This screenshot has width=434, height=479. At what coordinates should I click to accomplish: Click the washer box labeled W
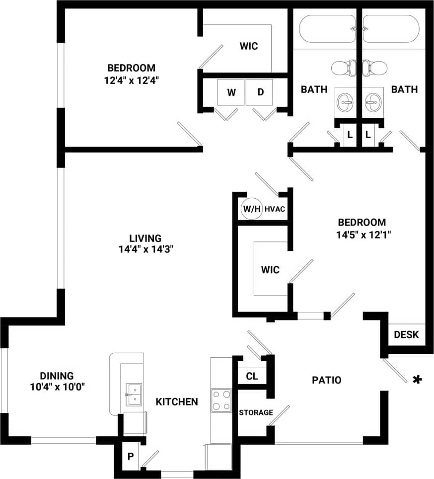pos(231,92)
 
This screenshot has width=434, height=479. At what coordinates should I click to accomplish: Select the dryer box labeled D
pos(260,92)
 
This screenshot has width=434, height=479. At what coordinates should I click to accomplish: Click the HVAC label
pos(275,209)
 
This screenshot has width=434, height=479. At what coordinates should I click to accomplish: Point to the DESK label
pos(406,334)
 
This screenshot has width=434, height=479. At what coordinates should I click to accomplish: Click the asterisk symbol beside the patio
pos(418,380)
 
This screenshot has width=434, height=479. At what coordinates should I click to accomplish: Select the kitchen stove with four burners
pos(221,400)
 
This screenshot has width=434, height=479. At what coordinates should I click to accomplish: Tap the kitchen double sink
pos(133,395)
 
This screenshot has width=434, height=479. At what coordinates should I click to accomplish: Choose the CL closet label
pos(252,376)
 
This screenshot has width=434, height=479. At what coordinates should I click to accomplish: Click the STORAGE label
pos(256,412)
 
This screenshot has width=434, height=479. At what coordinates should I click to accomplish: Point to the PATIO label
pos(326,380)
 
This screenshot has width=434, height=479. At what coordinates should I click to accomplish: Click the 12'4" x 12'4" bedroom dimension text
pos(131,80)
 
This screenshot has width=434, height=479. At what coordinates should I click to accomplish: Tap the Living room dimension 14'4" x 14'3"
pos(145,250)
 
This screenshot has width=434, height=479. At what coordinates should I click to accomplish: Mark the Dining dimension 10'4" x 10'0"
pos(57,387)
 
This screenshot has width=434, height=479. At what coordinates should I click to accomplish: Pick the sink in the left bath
pos(345,102)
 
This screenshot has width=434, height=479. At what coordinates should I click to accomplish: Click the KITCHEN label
pos(177,401)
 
